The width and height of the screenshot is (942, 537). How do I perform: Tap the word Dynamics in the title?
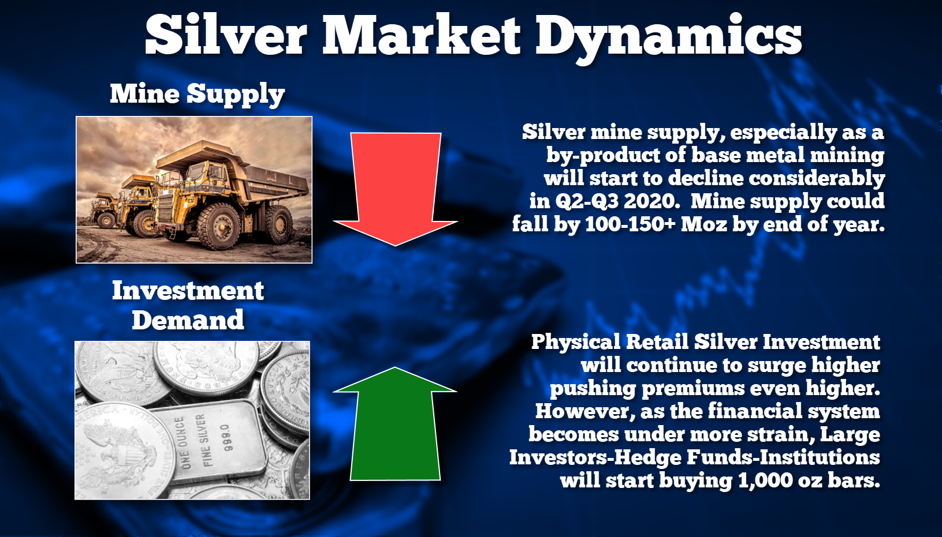(668, 39)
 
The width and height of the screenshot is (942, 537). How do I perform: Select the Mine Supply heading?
(197, 93)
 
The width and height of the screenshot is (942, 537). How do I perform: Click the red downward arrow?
(395, 189)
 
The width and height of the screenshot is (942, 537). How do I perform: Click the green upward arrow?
(395, 424)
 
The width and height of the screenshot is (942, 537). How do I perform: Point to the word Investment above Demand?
(188, 291)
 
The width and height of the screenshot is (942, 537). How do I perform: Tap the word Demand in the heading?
(188, 320)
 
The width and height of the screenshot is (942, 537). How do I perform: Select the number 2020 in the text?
(650, 201)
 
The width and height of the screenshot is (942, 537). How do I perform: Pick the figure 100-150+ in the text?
(630, 224)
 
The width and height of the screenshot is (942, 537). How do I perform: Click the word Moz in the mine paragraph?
(703, 224)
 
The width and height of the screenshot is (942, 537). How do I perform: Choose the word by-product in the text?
(603, 155)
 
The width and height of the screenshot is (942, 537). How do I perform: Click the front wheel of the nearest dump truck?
(218, 227)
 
